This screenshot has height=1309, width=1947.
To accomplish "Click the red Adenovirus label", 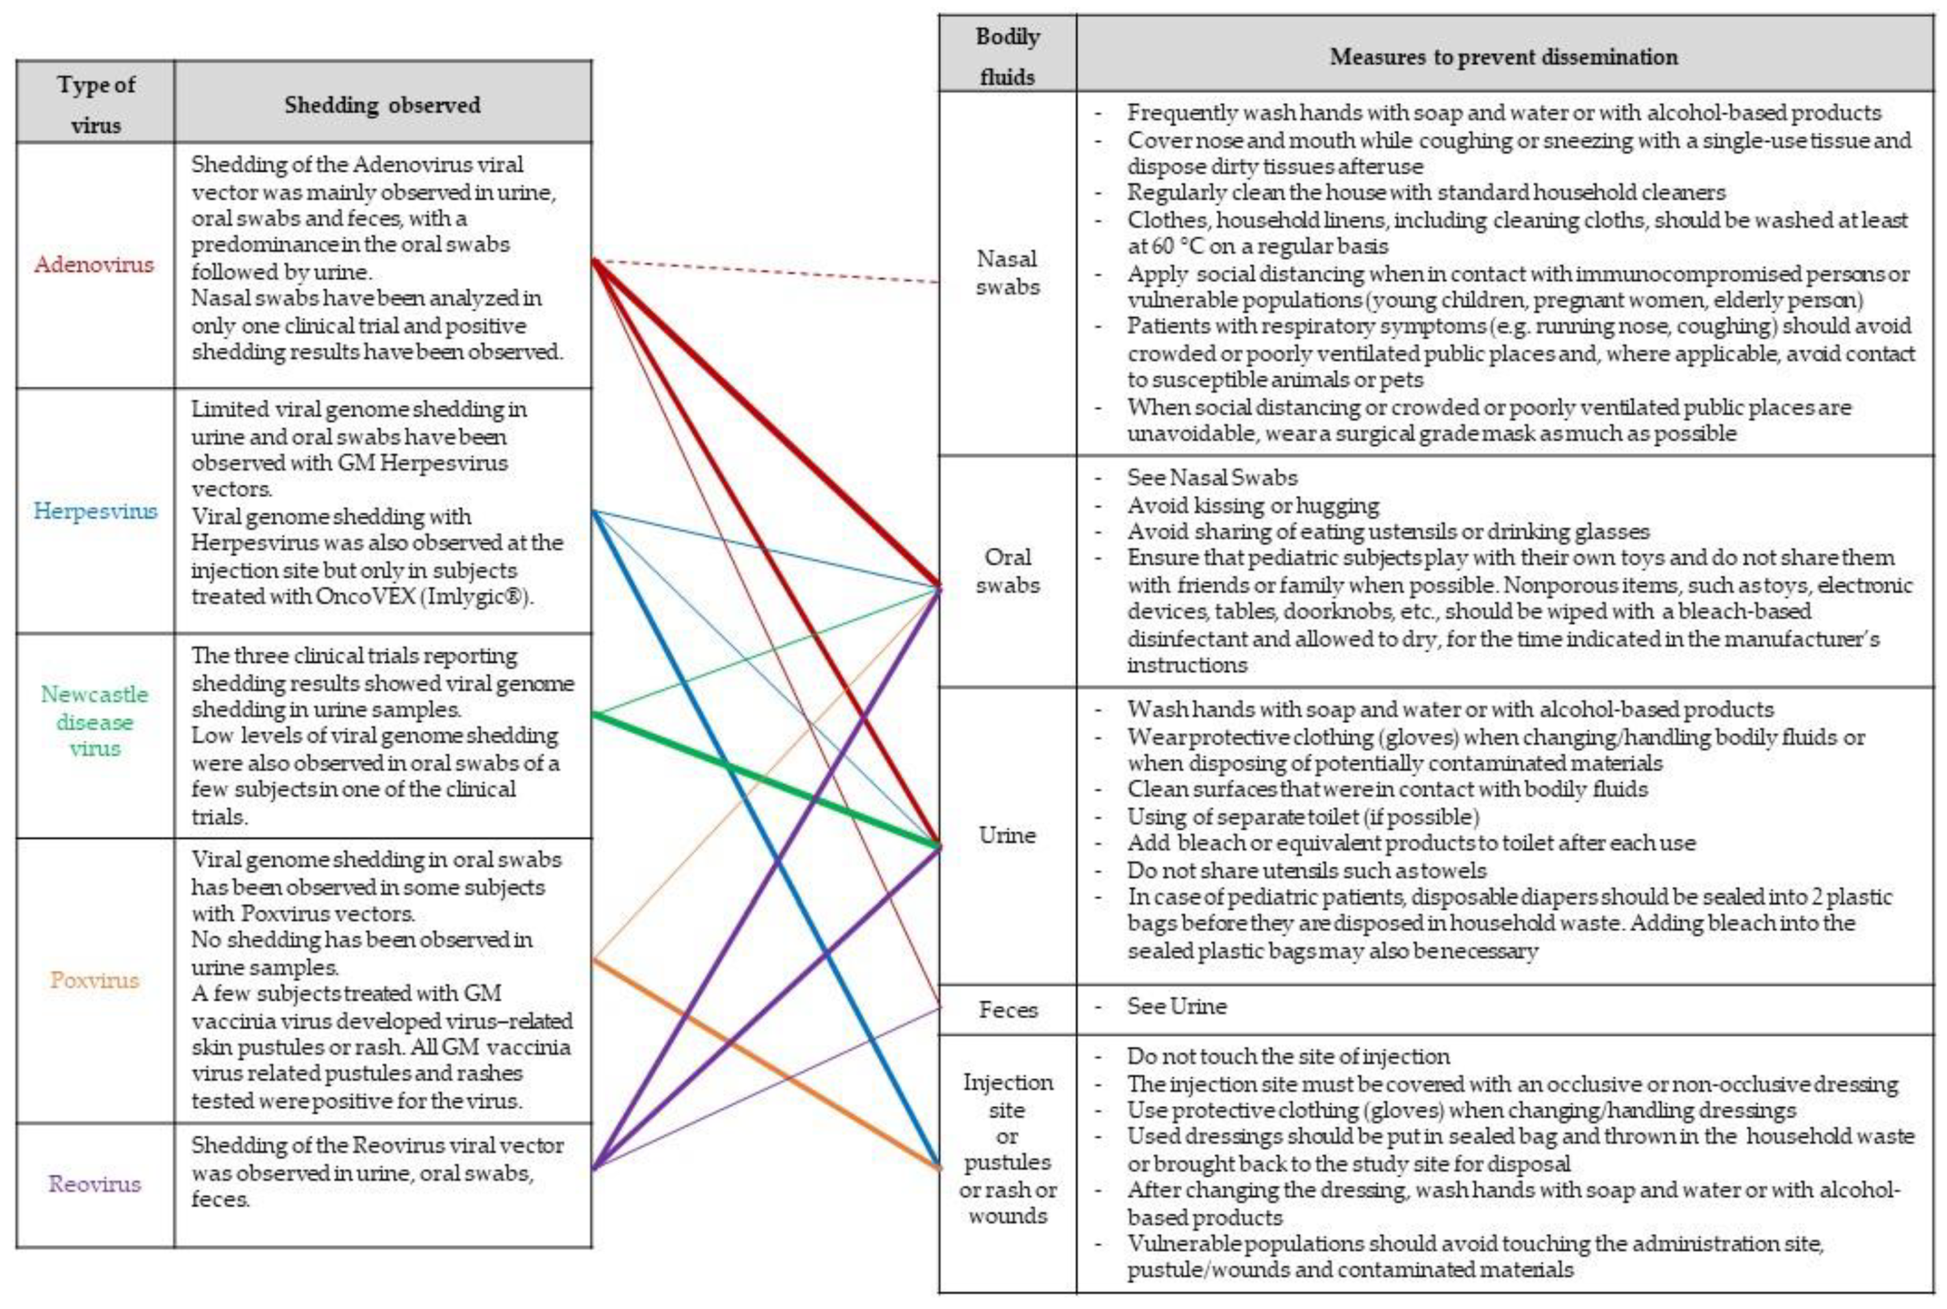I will (x=94, y=265).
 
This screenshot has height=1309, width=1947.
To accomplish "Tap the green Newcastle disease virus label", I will (x=94, y=721).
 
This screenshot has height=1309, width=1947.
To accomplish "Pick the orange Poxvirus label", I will (x=94, y=980).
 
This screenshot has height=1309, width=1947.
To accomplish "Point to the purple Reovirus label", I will (x=94, y=1184).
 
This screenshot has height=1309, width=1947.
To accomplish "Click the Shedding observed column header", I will (x=382, y=105).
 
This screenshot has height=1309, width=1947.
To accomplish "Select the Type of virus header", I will (x=95, y=105).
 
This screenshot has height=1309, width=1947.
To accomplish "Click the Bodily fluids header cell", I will (x=1007, y=56).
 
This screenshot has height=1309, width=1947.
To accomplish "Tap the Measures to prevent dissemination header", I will (x=1503, y=57).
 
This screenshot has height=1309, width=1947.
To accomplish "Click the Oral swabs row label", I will (x=1007, y=571).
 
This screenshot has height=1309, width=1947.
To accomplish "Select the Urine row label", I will (x=1007, y=835).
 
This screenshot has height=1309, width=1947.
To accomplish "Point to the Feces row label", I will (x=1007, y=1010).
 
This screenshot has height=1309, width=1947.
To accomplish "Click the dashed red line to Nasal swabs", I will (x=768, y=272).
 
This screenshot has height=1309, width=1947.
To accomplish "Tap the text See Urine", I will (x=1176, y=1007).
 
